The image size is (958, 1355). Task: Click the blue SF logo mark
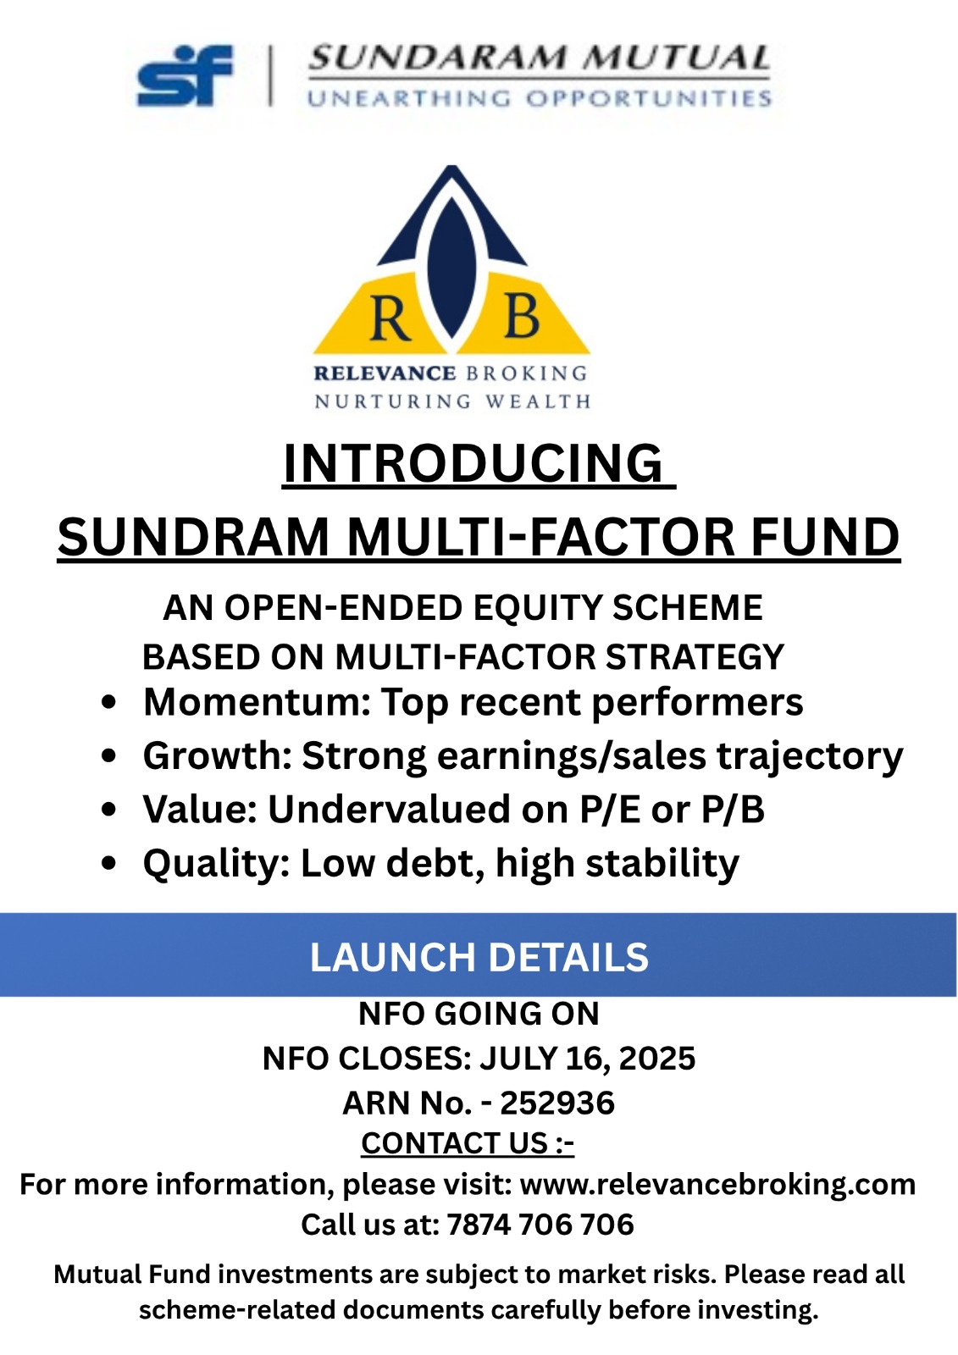pyautogui.click(x=184, y=75)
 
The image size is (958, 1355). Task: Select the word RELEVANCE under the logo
pyautogui.click(x=385, y=373)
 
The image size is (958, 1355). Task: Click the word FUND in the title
pyautogui.click(x=825, y=537)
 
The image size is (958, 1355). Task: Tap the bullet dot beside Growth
pyautogui.click(x=109, y=755)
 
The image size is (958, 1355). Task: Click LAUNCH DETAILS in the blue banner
pyautogui.click(x=479, y=957)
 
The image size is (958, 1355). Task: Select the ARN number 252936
pyautogui.click(x=557, y=1103)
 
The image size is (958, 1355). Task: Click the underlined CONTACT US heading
pyautogui.click(x=468, y=1143)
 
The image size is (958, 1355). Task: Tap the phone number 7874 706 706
pyautogui.click(x=540, y=1225)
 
